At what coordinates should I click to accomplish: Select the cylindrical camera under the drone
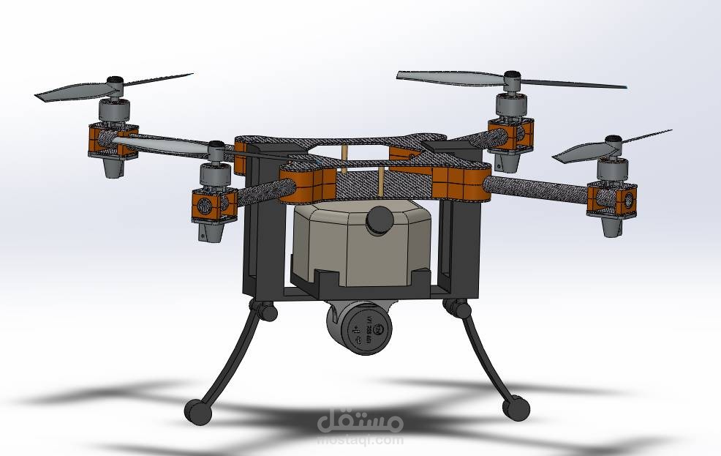tap(358, 330)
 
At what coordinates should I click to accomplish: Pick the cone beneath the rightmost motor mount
tap(612, 226)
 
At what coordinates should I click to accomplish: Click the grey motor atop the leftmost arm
tap(115, 112)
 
